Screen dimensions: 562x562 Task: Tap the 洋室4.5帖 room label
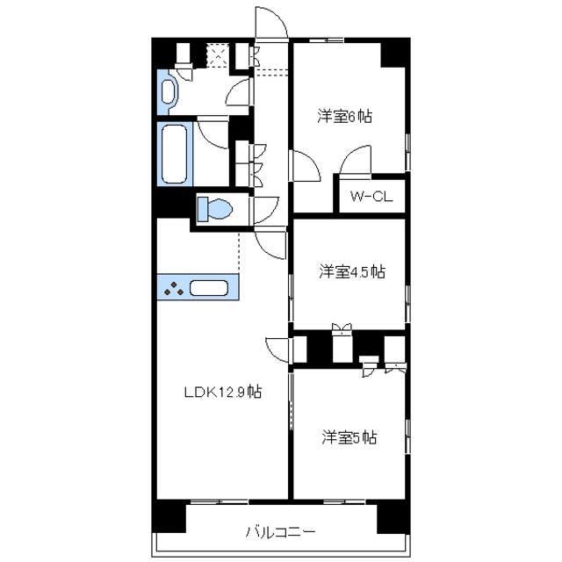click(x=351, y=271)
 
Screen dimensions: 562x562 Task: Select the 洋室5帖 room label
click(x=349, y=436)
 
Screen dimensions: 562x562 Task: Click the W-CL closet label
click(x=371, y=197)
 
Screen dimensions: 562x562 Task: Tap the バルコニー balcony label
click(x=280, y=531)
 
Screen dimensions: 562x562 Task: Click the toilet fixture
click(x=216, y=209)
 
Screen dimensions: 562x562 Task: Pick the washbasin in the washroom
click(x=167, y=91)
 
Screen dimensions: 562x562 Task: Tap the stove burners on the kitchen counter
click(x=174, y=288)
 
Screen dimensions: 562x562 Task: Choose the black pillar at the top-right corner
click(x=393, y=54)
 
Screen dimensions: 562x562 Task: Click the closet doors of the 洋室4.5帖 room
click(x=341, y=331)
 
